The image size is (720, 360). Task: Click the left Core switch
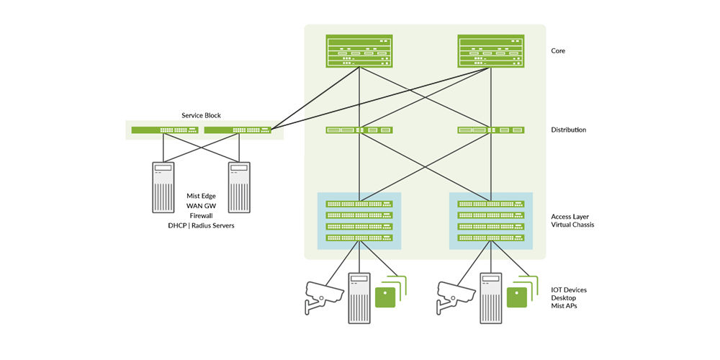[x=359, y=52]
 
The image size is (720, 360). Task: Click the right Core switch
[x=491, y=52]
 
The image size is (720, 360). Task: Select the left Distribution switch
[x=359, y=130]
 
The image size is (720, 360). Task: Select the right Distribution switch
[x=491, y=130]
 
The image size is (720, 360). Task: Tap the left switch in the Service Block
[x=165, y=130]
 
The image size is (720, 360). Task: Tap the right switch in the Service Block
[x=238, y=130]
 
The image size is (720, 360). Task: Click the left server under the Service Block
[x=163, y=187]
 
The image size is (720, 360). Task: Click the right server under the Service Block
[x=238, y=187]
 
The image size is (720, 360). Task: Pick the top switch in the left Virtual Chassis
[x=359, y=204]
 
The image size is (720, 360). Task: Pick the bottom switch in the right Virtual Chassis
[x=491, y=238]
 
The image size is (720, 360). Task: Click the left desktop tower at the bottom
[x=359, y=297]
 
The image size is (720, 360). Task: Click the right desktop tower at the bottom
[x=492, y=297]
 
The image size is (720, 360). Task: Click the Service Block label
[x=201, y=115]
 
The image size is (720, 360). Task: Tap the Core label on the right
[x=558, y=51]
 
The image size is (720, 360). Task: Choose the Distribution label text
[x=568, y=130]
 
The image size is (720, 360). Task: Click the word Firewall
[x=201, y=215]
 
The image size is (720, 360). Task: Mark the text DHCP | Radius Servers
[x=201, y=225]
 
